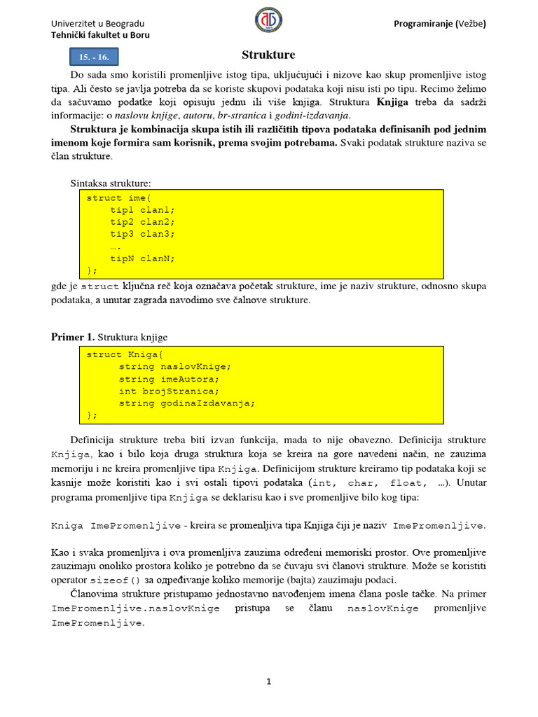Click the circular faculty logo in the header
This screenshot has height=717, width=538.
(268, 22)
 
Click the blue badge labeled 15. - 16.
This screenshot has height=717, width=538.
(94, 57)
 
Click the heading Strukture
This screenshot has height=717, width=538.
(268, 55)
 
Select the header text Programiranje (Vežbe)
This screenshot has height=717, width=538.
(441, 24)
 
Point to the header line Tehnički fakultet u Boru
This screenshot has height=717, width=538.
(101, 35)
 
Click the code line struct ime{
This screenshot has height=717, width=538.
(119, 198)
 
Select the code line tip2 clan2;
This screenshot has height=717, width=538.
(142, 222)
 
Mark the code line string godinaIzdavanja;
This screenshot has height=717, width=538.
(187, 403)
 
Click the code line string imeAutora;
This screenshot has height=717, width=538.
(169, 379)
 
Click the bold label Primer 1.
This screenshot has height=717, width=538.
(73, 337)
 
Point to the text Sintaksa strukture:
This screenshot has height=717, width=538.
(111, 183)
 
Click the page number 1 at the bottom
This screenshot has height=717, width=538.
(268, 681)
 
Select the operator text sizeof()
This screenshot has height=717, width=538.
(116, 580)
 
